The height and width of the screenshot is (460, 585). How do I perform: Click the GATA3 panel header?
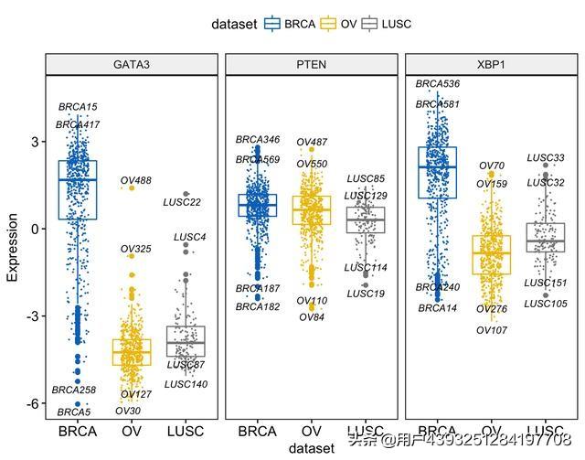tap(132, 65)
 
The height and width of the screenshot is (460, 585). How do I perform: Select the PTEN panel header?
tap(311, 65)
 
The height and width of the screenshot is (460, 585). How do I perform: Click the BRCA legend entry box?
tap(272, 24)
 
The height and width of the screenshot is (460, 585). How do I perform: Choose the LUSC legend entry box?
tap(370, 24)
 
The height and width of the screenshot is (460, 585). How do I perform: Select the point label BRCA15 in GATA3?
tap(78, 108)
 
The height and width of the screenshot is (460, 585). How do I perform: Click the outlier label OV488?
tap(136, 180)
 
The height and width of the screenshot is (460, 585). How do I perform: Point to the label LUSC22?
tap(183, 202)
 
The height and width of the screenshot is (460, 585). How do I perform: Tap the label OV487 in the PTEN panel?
tap(312, 143)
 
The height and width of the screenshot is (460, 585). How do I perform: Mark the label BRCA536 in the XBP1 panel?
tap(438, 84)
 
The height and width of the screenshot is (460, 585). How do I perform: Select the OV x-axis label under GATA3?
tap(132, 430)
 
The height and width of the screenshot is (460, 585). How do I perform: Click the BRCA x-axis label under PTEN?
tap(258, 430)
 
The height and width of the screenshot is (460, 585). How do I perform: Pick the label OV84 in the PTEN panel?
tap(312, 317)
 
